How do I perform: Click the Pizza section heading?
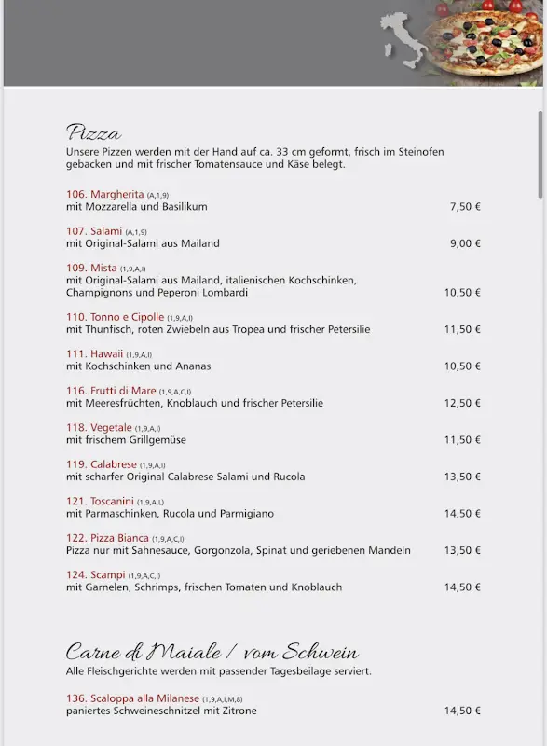pyautogui.click(x=93, y=132)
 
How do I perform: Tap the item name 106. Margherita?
pyautogui.click(x=104, y=194)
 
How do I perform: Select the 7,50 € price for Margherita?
pyautogui.click(x=465, y=207)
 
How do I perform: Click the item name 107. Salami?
pyautogui.click(x=94, y=230)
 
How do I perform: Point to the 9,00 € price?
pyautogui.click(x=465, y=243)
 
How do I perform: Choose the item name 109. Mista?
pyautogui.click(x=91, y=268)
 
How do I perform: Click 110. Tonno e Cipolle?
pyautogui.click(x=115, y=317)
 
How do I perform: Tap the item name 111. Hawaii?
pyautogui.click(x=95, y=353)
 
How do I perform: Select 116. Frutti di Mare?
pyautogui.click(x=111, y=391)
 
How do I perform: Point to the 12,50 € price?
pyautogui.click(x=462, y=403)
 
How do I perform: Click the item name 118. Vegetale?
pyautogui.click(x=99, y=427)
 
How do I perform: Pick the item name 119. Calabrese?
pyautogui.click(x=102, y=464)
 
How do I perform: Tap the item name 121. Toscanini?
pyautogui.click(x=100, y=501)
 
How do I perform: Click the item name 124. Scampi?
pyautogui.click(x=96, y=574)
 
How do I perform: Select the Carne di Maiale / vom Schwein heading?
pyautogui.click(x=212, y=652)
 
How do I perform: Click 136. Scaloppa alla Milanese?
pyautogui.click(x=132, y=698)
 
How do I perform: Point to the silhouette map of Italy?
pyautogui.click(x=403, y=42)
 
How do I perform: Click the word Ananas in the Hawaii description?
pyautogui.click(x=192, y=366)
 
